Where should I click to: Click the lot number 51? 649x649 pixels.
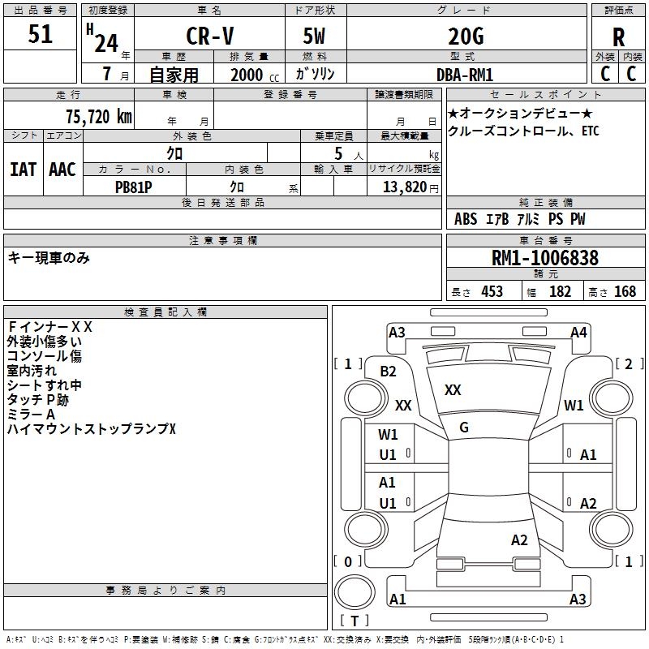[40, 35]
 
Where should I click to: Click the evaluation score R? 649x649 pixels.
[618, 37]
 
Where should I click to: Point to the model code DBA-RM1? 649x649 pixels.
[464, 75]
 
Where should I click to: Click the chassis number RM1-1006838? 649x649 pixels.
[545, 259]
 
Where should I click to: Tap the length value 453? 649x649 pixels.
[491, 291]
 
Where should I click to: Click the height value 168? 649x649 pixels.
[625, 291]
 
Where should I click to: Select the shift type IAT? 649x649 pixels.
[24, 170]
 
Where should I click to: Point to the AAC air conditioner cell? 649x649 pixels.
[62, 170]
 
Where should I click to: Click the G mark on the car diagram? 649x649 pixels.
[463, 428]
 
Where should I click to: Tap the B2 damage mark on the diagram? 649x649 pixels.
[388, 372]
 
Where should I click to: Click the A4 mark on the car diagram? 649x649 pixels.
[578, 332]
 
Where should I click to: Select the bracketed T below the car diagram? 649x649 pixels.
[354, 621]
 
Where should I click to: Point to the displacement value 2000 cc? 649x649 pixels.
[254, 75]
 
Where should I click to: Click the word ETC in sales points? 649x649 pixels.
[590, 131]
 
